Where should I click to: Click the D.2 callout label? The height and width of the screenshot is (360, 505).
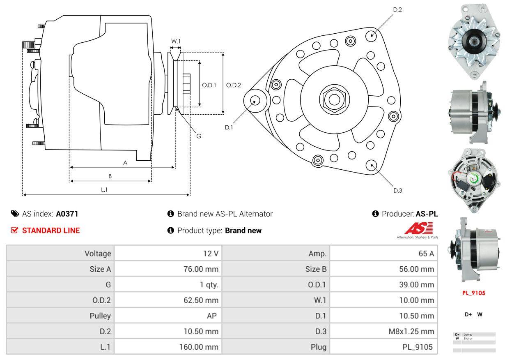(x=397, y=9)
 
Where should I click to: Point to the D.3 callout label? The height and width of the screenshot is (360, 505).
(x=397, y=190)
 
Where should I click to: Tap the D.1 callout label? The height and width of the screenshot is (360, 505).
(x=229, y=127)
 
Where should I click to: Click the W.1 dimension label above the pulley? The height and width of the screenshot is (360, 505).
(x=176, y=41)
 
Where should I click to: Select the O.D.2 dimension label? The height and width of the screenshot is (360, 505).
(x=234, y=85)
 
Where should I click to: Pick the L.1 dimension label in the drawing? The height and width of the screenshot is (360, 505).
(x=104, y=189)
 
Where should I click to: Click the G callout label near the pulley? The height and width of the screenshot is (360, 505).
(x=199, y=136)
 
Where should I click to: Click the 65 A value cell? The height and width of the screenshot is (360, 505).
(x=426, y=254)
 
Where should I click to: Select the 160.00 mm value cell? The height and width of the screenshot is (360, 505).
(x=199, y=347)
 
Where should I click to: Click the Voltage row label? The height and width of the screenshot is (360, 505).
(x=98, y=254)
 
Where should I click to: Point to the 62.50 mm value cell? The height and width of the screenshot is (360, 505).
(x=201, y=300)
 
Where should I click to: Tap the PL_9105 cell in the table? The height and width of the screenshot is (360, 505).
(x=418, y=347)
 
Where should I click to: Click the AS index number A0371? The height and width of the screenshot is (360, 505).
(x=67, y=214)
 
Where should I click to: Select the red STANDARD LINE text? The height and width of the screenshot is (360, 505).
(x=51, y=231)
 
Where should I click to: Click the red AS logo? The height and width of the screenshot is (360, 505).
(x=418, y=228)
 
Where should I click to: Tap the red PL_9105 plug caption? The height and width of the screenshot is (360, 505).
(x=473, y=293)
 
